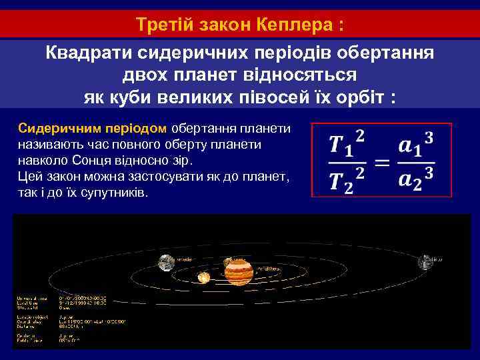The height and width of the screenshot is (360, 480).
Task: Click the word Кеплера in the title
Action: [x=293, y=25]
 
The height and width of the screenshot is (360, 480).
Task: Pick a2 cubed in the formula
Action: [x=415, y=178]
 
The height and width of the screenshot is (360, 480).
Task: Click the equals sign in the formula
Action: [x=382, y=161]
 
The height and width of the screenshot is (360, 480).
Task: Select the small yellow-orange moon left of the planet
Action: [x=203, y=276]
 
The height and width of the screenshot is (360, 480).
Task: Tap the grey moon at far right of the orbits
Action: [x=424, y=262]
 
